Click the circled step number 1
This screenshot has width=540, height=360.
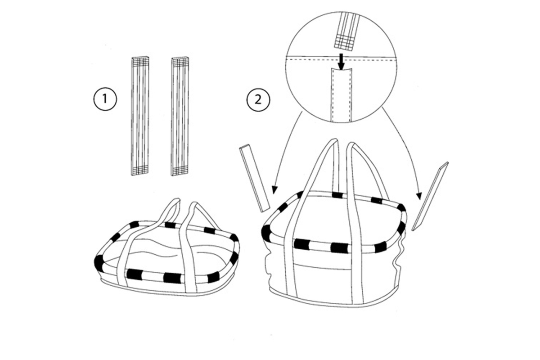click(105, 99)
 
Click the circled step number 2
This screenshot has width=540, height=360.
click(258, 99)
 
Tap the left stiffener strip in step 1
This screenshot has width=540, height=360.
click(140, 116)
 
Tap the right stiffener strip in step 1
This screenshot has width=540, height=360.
click(180, 116)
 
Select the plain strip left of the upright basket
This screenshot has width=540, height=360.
click(255, 179)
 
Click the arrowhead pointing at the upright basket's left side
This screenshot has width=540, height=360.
click(274, 189)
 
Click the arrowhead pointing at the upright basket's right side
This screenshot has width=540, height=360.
click(419, 196)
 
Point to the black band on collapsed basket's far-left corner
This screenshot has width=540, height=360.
click(99, 261)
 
